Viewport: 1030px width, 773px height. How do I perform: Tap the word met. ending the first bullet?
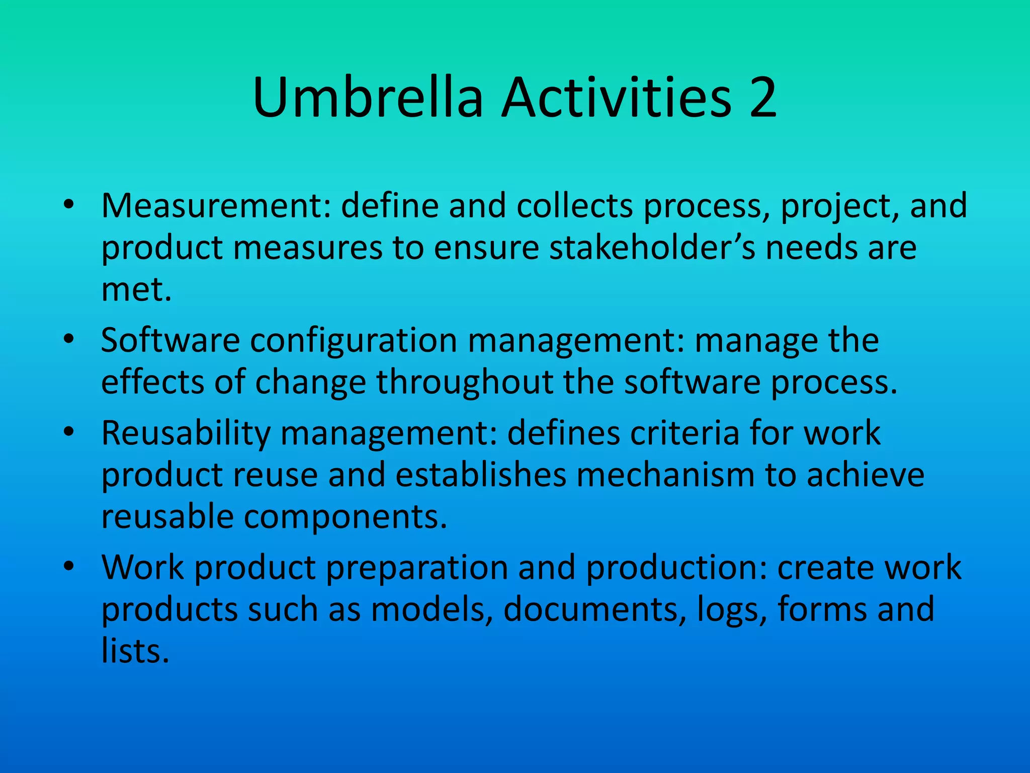136,290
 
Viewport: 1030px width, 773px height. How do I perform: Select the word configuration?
354,341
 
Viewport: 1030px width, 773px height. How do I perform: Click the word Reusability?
186,434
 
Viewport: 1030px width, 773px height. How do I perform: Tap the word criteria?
684,433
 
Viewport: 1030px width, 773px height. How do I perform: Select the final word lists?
135,651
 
